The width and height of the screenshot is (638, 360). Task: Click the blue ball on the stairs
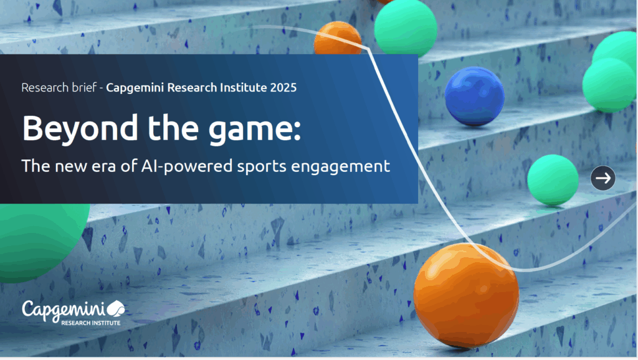coord(474,96)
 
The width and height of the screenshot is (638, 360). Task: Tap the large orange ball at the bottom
coord(466,295)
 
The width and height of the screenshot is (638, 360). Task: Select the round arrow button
coord(603,178)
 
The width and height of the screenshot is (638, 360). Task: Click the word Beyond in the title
coord(80,128)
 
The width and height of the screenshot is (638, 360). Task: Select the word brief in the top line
coord(84,87)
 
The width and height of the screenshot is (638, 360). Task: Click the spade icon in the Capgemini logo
coord(116,308)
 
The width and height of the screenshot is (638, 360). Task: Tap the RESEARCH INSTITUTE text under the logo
coord(91,323)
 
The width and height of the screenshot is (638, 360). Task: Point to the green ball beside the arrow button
coord(553,180)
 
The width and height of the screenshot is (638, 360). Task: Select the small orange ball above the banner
coord(338,38)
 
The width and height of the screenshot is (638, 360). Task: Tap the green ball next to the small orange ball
coord(405,27)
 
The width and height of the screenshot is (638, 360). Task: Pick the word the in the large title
coord(173,128)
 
